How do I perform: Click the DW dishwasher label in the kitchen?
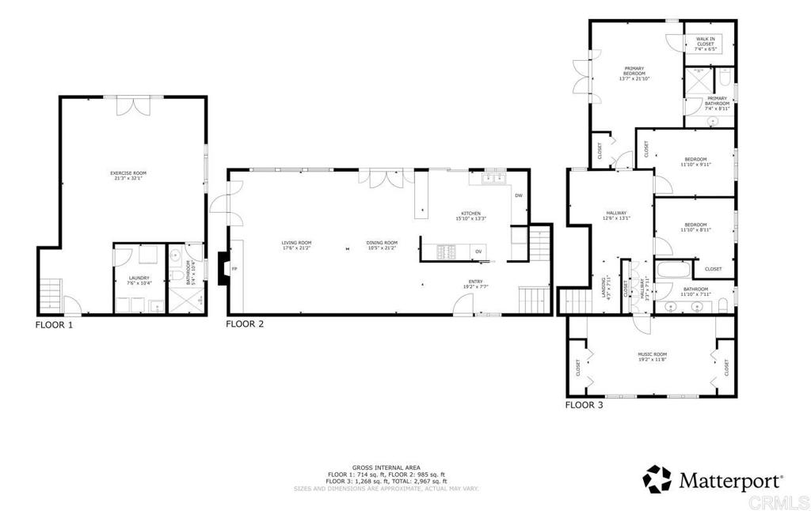(519, 195)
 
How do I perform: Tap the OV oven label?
(478, 252)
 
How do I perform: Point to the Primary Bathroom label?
(717, 101)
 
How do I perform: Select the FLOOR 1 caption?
(54, 324)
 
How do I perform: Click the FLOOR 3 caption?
(584, 405)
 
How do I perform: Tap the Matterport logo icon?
(657, 479)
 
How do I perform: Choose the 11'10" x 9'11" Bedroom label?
(696, 162)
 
